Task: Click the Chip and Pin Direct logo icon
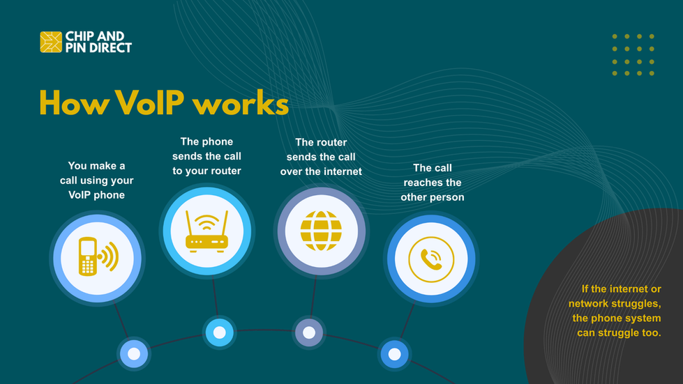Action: pos(51,42)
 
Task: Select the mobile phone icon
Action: pos(96,257)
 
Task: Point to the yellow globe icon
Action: pos(321,231)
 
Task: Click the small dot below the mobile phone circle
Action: pos(133,354)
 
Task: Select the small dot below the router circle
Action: pos(219,332)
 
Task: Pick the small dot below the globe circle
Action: pos(308,332)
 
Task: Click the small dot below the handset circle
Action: pos(394,354)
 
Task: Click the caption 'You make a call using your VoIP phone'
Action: pos(96,181)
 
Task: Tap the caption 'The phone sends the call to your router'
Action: pos(207,156)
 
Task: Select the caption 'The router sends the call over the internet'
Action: pos(321,156)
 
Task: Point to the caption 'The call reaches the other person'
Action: pos(432,183)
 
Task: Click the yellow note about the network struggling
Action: pos(615,311)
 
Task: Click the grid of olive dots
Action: pos(633,54)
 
